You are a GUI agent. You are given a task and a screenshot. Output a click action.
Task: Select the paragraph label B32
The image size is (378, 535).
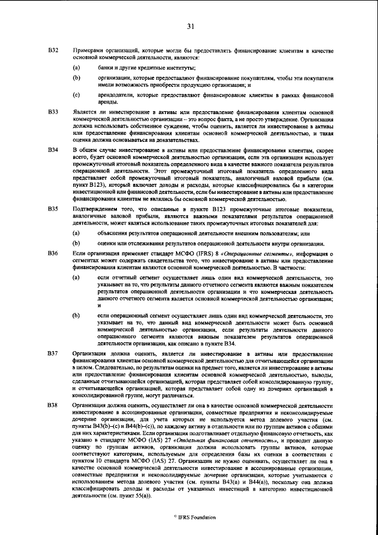(x=53, y=52)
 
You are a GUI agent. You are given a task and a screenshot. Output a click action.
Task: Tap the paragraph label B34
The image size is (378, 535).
(x=53, y=151)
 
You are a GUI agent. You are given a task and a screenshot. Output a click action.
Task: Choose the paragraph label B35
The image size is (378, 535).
(x=53, y=209)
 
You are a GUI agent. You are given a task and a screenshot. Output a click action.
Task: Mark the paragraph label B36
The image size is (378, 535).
(x=53, y=253)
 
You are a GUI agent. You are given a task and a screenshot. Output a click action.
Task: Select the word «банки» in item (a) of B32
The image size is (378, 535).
(x=107, y=69)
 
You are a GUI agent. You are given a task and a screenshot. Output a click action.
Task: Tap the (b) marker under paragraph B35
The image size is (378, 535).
(x=76, y=242)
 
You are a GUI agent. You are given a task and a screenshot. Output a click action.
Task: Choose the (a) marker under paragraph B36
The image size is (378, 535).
(x=76, y=277)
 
